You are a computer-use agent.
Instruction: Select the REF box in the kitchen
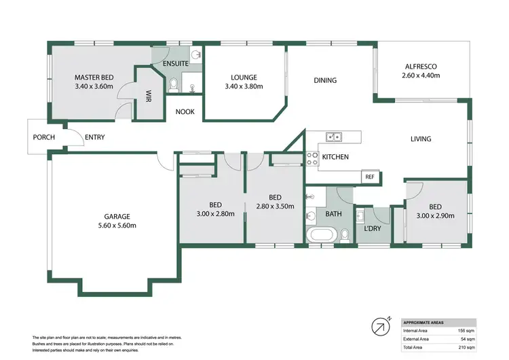click(370, 177)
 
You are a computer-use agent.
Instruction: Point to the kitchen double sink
click(334, 137)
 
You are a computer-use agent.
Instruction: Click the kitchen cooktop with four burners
click(313, 158)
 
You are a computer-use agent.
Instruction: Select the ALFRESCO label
click(421, 66)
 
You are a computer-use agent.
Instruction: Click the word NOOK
click(185, 111)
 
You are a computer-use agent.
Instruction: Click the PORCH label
click(43, 137)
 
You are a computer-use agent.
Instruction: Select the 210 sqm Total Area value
click(466, 346)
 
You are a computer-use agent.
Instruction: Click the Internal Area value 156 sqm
click(466, 330)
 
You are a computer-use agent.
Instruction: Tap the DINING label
click(325, 80)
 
